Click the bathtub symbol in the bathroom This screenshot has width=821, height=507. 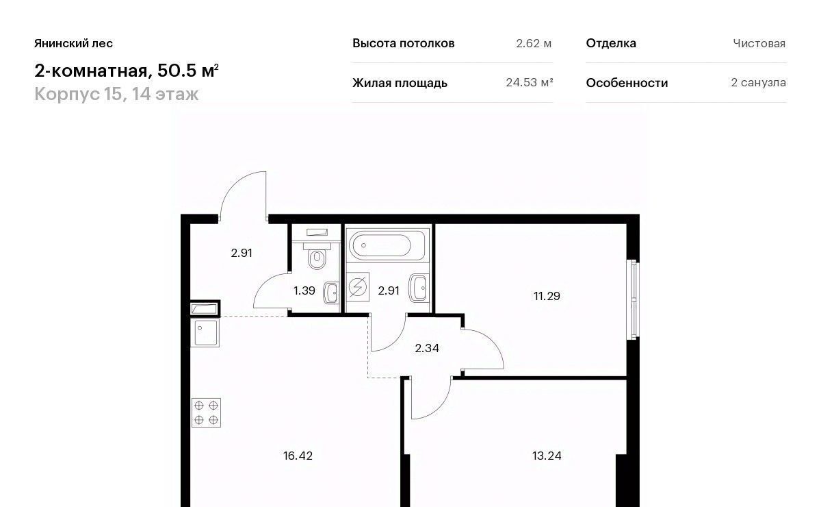coord(387,245)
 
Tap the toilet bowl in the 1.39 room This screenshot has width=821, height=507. coord(317,258)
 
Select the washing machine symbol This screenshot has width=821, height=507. coord(357,286)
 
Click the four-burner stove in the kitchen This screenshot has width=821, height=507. coord(206,412)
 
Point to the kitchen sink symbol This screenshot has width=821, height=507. coord(205,332)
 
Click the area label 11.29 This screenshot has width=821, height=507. coord(547,296)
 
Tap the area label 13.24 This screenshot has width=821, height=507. coord(547,456)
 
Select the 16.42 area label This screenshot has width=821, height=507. coord(298,456)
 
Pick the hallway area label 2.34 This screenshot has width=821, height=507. coord(427,348)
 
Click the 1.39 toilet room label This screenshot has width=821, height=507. coord(304,290)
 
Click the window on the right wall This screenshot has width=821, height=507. coord(634,299)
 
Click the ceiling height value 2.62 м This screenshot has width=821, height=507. coord(534,43)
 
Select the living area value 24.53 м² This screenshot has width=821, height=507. coord(530,83)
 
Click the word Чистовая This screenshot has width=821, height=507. coord(759,43)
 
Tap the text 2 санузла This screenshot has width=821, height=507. coord(758,83)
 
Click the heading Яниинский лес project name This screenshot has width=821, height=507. coord(74,43)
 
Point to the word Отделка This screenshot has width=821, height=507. coord(611,43)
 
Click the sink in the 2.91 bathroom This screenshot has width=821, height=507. coord(419,288)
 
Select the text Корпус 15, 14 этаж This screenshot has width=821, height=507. coord(116,94)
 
